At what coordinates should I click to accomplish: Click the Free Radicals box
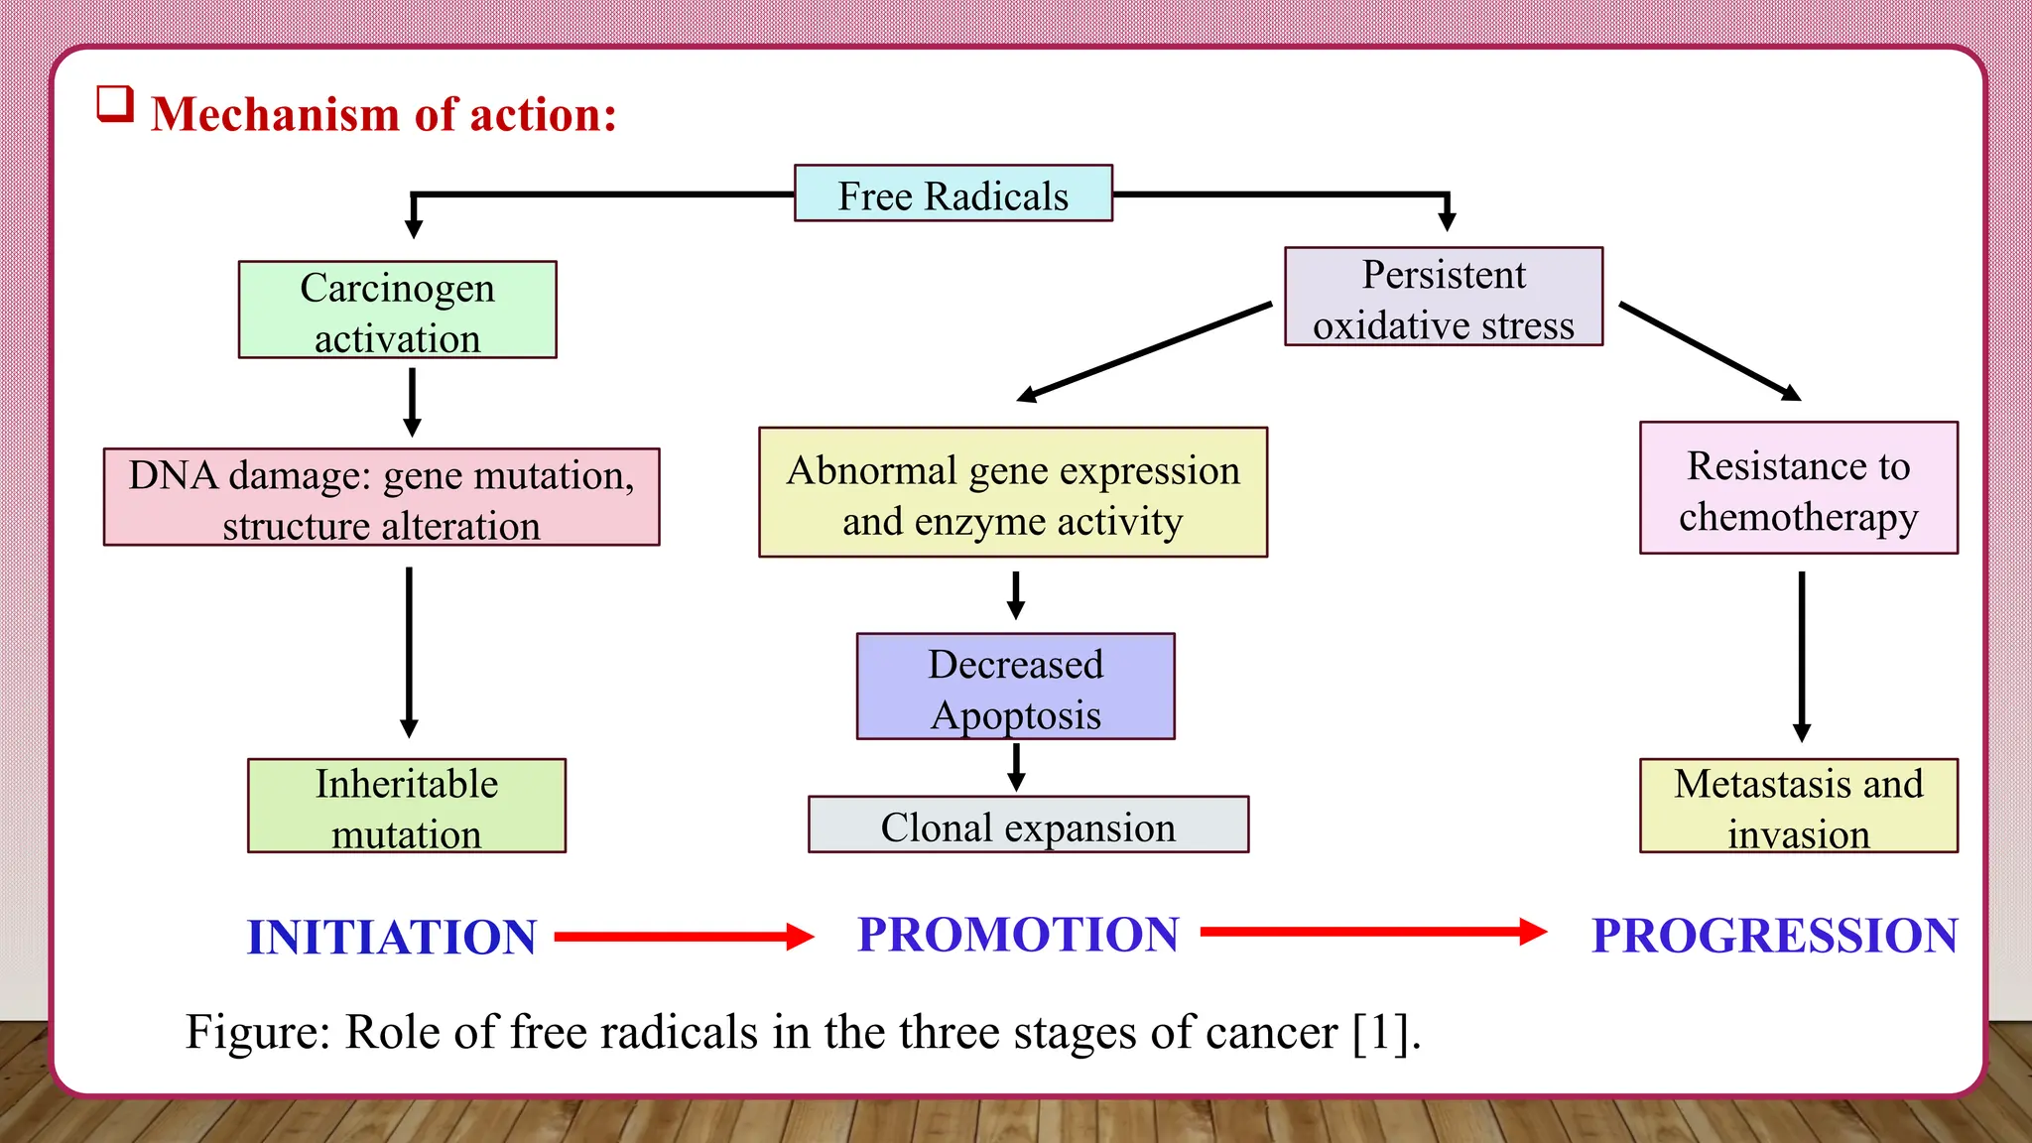952,193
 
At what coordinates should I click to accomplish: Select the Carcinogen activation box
397,310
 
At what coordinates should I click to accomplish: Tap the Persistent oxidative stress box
1443,297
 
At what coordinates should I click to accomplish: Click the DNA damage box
381,497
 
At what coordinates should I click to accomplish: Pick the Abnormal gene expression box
1012,492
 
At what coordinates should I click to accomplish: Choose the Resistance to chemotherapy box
1798,488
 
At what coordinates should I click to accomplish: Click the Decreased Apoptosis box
1015,687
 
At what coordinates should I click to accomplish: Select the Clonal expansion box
1028,825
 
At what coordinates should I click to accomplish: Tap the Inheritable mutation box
406,806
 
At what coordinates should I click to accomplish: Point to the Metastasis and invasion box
1798,806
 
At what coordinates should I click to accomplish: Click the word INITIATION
392,938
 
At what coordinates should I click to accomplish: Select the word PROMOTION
1018,935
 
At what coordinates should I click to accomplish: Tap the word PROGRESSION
1774,936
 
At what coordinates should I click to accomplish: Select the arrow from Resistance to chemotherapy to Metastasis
1802,655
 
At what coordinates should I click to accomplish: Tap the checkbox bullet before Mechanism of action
115,104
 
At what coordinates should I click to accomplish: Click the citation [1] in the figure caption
1385,1033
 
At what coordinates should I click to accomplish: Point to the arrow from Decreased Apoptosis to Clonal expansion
1016,766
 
